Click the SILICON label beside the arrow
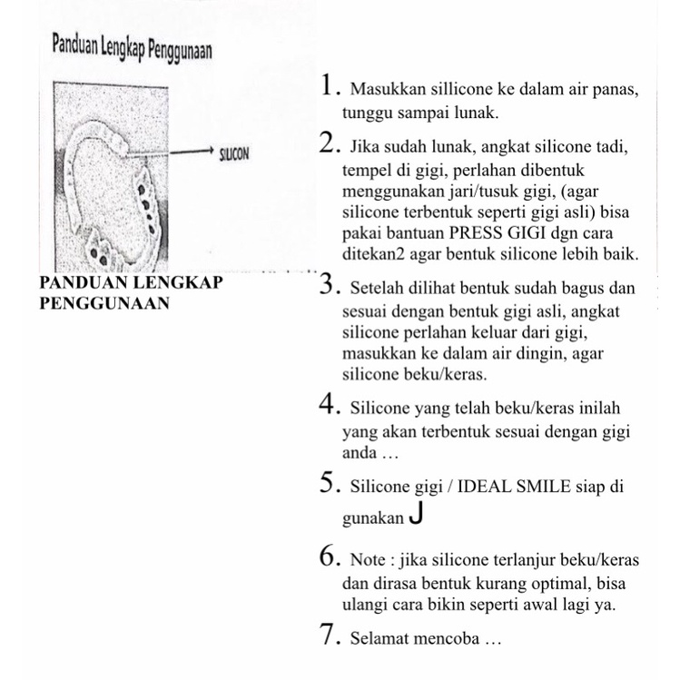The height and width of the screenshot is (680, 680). pos(234,154)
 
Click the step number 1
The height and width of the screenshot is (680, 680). pos(329,86)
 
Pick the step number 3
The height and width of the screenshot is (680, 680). pos(329,286)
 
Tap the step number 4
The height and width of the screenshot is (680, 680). pos(330,404)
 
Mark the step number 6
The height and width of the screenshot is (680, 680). pos(330,555)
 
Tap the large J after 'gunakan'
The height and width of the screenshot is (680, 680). pos(416,515)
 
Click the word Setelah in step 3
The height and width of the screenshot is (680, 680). pos(370,291)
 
